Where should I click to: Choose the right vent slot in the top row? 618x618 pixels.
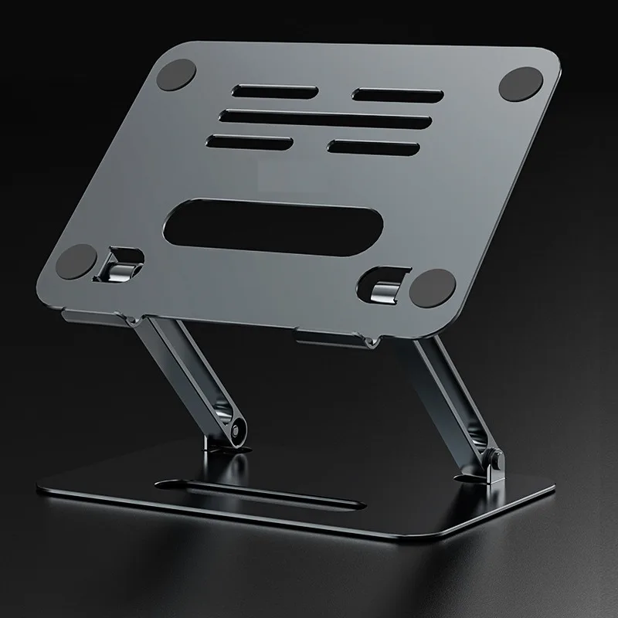click(x=397, y=95)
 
